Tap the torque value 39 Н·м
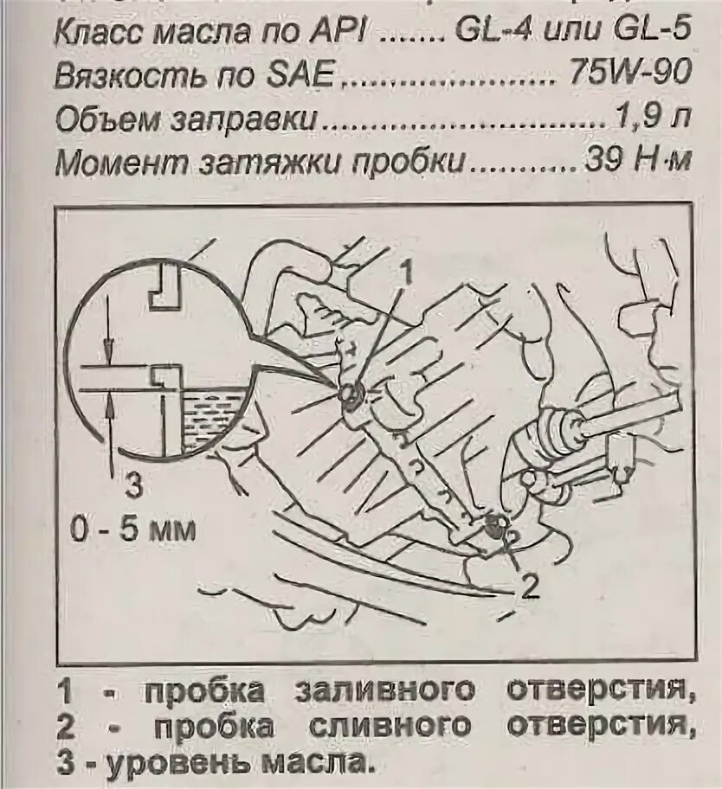pyautogui.click(x=635, y=162)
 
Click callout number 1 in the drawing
pyautogui.click(x=403, y=270)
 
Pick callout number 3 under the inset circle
pyautogui.click(x=133, y=486)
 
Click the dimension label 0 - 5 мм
pyautogui.click(x=133, y=529)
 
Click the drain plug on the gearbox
pyautogui.click(x=495, y=525)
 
